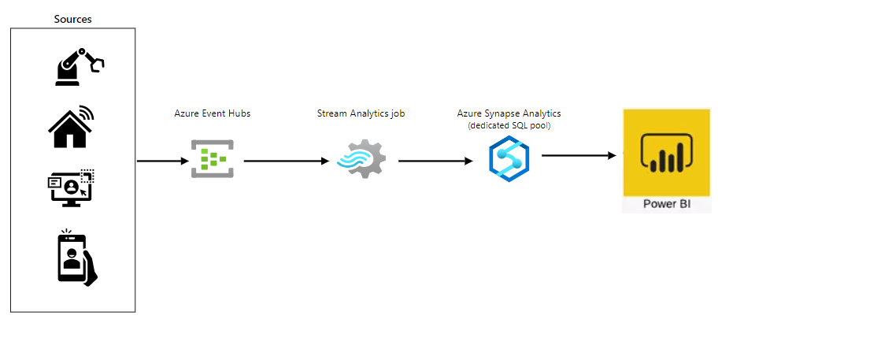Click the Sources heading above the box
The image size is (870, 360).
point(72,18)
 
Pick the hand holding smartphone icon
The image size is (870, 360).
point(76,258)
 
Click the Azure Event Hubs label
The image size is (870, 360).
point(212,113)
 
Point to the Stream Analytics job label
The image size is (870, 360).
point(361,113)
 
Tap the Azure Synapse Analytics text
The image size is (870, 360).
point(509,113)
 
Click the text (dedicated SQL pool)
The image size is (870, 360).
point(509,125)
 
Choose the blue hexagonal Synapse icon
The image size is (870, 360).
point(509,159)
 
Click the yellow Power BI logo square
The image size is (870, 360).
point(666,152)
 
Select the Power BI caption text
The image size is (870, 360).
point(666,204)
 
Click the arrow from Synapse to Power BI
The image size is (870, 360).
point(579,155)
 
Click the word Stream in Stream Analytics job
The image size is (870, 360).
point(331,113)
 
